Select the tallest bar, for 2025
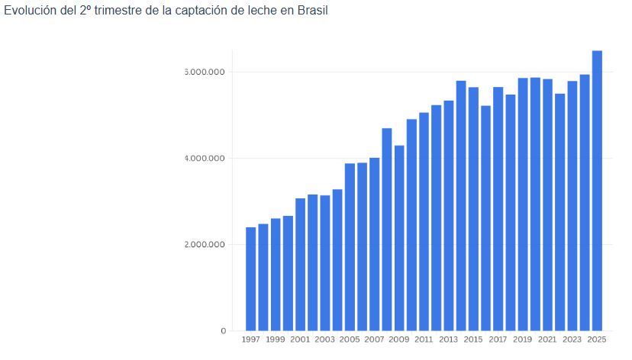[597, 191]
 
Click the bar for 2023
[572, 206]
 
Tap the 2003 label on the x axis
[324, 338]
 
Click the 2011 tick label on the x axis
[424, 338]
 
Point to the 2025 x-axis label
[597, 338]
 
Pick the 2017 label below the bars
[498, 338]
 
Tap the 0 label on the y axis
[224, 331]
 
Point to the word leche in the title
[261, 12]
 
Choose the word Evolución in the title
[29, 12]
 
